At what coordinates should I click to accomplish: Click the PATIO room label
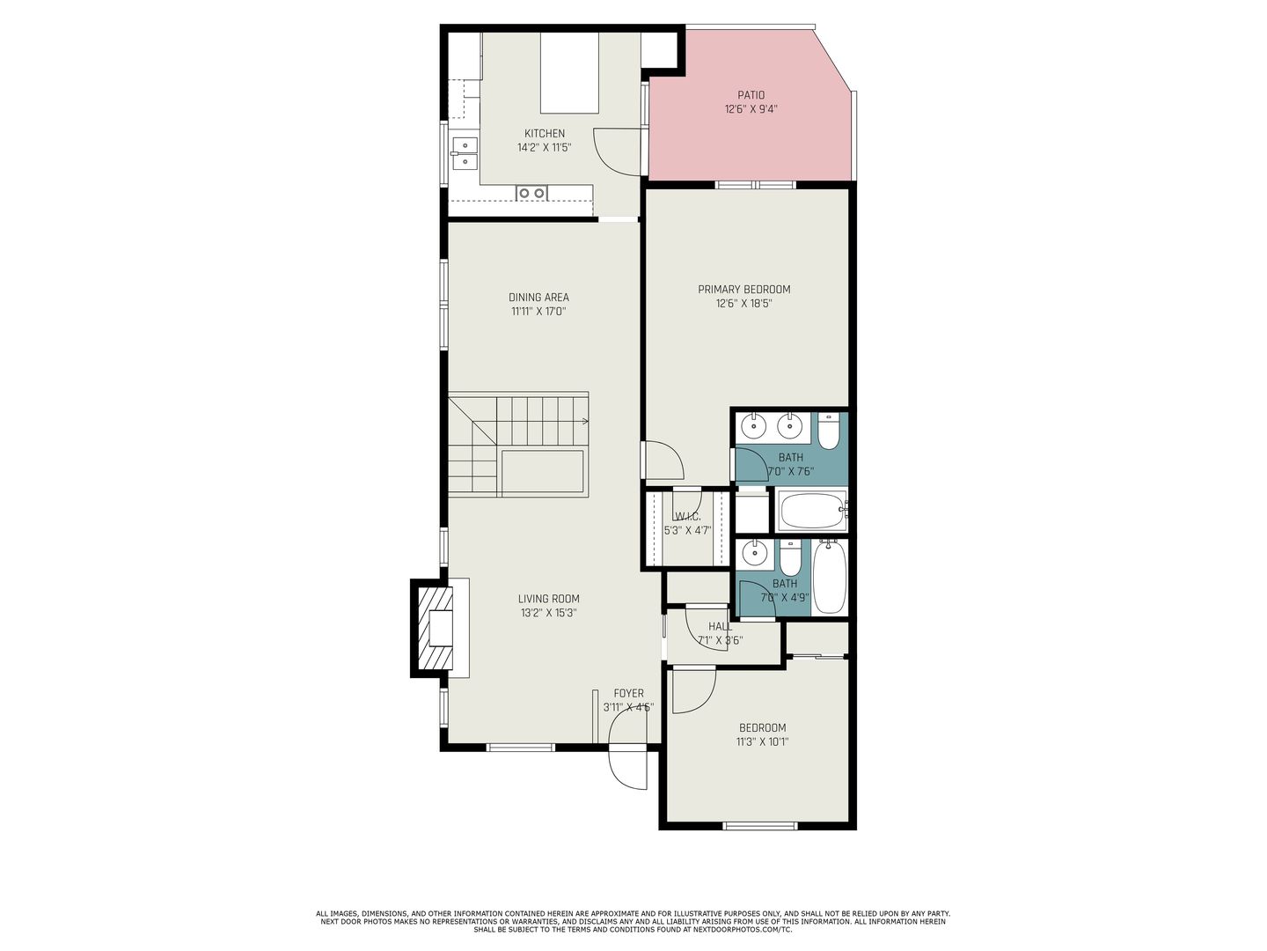pyautogui.click(x=751, y=95)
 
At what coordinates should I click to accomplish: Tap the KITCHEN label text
pyautogui.click(x=545, y=133)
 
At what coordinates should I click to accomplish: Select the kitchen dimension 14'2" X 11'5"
pyautogui.click(x=545, y=147)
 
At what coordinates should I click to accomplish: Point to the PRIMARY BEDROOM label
pyautogui.click(x=744, y=290)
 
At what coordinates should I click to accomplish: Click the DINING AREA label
pyautogui.click(x=538, y=298)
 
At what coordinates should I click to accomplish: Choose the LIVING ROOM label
pyautogui.click(x=548, y=599)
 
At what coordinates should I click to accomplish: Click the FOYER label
pyautogui.click(x=628, y=693)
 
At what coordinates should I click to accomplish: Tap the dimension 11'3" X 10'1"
pyautogui.click(x=762, y=741)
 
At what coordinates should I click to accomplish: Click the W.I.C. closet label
pyautogui.click(x=687, y=517)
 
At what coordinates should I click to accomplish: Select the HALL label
pyautogui.click(x=720, y=626)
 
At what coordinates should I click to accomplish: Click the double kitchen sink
pyautogui.click(x=465, y=153)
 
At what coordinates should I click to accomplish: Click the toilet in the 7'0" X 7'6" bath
pyautogui.click(x=828, y=431)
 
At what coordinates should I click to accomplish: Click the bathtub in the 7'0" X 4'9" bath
pyautogui.click(x=829, y=577)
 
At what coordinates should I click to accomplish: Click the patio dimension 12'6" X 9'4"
pyautogui.click(x=751, y=109)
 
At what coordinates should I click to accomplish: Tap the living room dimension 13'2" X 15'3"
pyautogui.click(x=548, y=613)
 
